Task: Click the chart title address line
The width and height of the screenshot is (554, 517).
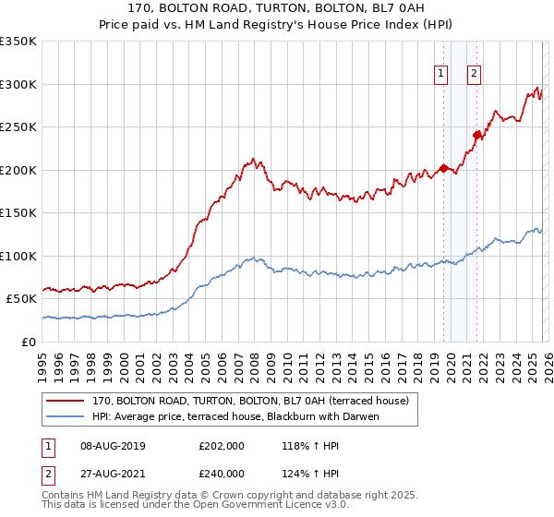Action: point(276,9)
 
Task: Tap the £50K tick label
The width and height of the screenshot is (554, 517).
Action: point(22,299)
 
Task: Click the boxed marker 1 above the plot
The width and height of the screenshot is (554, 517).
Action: point(440,75)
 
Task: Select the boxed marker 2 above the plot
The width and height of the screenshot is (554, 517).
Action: point(474,75)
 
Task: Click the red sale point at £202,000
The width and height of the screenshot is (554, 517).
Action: point(443,168)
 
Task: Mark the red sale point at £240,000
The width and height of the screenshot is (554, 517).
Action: point(477,136)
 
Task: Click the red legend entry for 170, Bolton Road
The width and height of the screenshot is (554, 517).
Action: point(256,400)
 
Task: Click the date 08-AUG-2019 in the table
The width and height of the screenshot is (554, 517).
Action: point(113,446)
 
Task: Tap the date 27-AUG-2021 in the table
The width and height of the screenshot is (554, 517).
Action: point(113,473)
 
